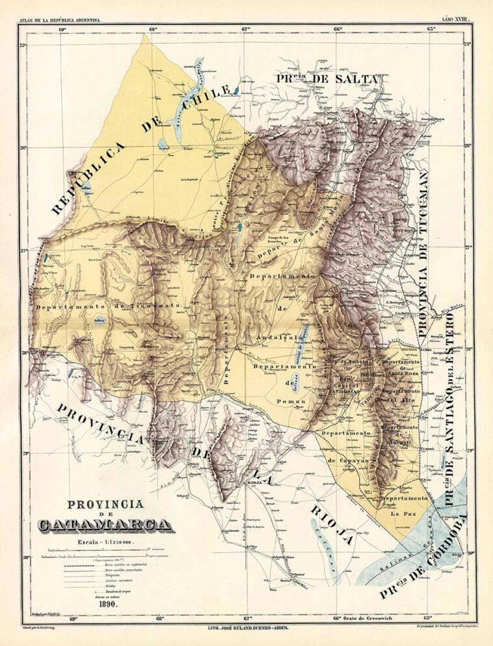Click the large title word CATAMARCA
point(105,525)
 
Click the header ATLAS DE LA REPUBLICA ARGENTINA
point(60,21)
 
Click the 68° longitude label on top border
point(154,29)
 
